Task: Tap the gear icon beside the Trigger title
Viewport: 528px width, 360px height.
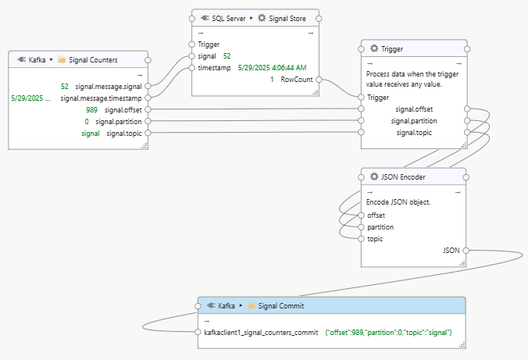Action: point(374,48)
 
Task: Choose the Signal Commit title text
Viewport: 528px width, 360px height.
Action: point(281,306)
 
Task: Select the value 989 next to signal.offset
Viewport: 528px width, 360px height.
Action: point(91,110)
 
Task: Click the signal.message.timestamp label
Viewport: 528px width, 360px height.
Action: point(102,98)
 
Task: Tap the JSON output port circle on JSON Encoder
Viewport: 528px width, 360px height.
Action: point(467,251)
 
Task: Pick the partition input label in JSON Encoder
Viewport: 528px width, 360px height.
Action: point(380,227)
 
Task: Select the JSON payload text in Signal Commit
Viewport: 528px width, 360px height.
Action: point(388,333)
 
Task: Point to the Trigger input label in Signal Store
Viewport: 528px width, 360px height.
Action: point(209,45)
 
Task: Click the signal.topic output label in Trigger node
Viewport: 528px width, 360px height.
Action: point(415,133)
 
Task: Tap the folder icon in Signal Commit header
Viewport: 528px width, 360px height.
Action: point(252,306)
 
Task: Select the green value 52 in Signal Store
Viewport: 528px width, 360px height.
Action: point(227,56)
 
